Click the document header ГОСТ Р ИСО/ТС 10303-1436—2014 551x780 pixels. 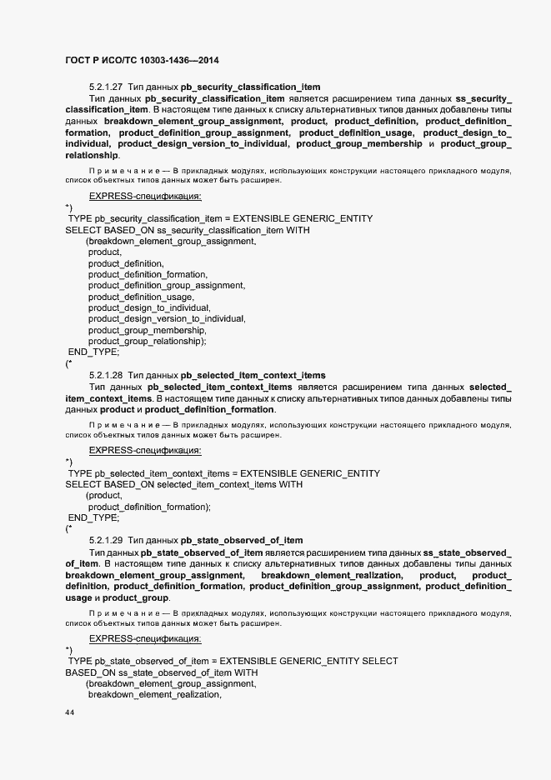click(142, 61)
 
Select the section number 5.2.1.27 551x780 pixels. click(105, 87)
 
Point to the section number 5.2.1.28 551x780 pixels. click(105, 375)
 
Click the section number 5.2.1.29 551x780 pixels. click(105, 540)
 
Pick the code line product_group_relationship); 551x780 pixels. click(147, 341)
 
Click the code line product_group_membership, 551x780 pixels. click(147, 330)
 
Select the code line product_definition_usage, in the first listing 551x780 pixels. click(141, 297)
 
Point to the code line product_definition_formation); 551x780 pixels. click(149, 507)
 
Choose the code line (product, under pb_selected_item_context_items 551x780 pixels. click(104, 495)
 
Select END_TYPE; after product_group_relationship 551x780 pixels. click(93, 352)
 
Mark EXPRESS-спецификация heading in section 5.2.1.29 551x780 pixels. click(145, 638)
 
